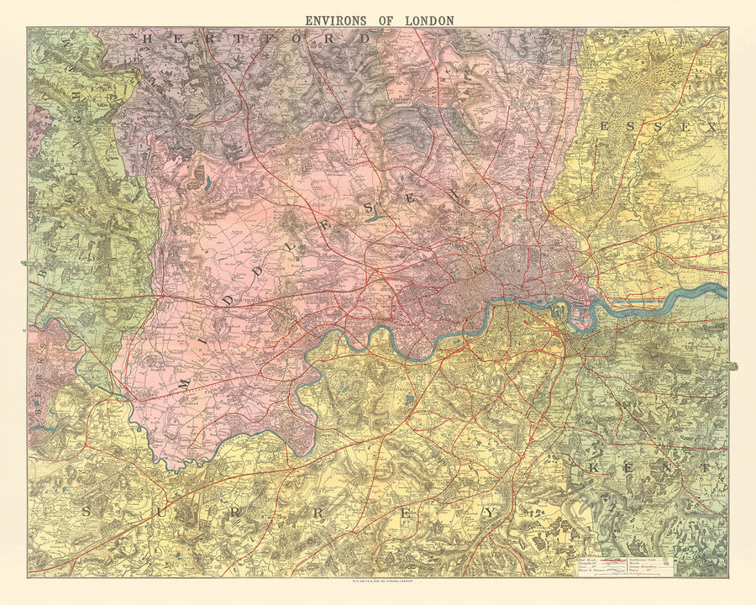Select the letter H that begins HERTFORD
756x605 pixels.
click(150, 38)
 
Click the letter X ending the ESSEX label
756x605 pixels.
click(710, 128)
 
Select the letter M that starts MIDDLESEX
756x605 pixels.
click(185, 384)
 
